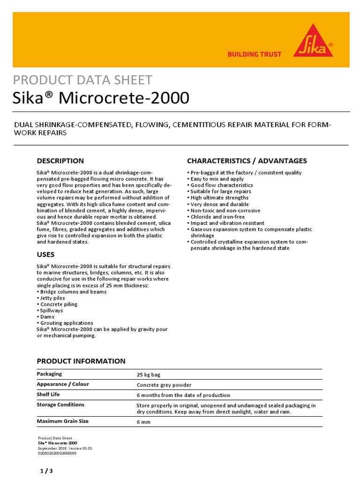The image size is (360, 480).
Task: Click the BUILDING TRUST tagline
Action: coord(254,54)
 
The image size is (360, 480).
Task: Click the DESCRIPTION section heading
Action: coord(60,161)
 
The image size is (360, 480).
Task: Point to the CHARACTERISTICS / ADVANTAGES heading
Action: coord(247,161)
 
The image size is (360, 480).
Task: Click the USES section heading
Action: coord(45,255)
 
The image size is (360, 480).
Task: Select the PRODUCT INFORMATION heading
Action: coord(81,361)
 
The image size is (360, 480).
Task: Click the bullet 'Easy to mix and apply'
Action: coord(217,179)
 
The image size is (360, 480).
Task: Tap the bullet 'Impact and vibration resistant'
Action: coord(227,223)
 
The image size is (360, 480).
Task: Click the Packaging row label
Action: coord(49,374)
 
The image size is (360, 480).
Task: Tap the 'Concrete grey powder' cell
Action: coord(164,385)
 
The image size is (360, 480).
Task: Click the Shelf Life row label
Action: coord(49,395)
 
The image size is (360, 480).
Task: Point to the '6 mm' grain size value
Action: coord(143,422)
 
